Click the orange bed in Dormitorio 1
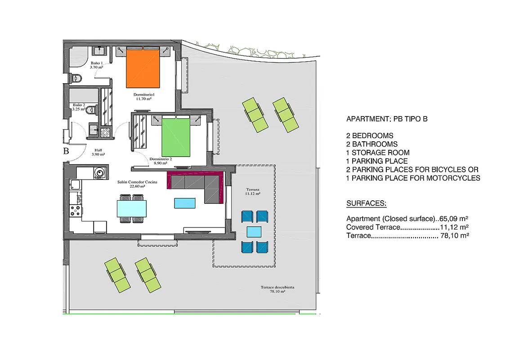coord(143,67)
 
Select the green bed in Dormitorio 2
coord(176,136)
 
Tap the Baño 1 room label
coord(97,65)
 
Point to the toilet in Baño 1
coord(76,78)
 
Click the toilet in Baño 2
coord(92,110)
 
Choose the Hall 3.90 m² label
coord(98,153)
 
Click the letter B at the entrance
coord(66,151)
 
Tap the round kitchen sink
coord(99,172)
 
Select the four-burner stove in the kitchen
coord(75,211)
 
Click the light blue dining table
coord(132,209)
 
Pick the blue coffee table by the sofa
coord(185,203)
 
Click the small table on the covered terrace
coord(254,232)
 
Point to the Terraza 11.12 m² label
coord(253,191)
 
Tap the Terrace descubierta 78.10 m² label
coord(277,289)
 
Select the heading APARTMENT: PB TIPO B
coord(387,119)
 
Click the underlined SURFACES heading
coord(366,203)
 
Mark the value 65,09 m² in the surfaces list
coord(454,219)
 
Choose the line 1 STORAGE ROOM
coord(378,153)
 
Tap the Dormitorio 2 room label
coord(161,161)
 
